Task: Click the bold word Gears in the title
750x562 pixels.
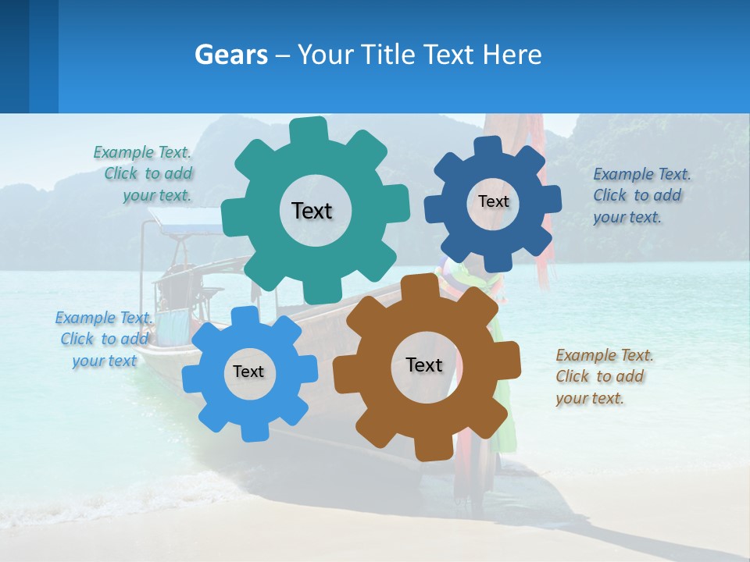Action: click(x=231, y=55)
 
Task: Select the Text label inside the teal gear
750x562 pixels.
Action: click(x=312, y=211)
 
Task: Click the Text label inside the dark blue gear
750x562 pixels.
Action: click(x=493, y=201)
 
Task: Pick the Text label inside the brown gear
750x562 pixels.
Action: click(x=424, y=365)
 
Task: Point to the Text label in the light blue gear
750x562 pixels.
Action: click(x=248, y=372)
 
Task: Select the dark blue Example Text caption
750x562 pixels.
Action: click(x=641, y=196)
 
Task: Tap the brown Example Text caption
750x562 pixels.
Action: click(x=604, y=377)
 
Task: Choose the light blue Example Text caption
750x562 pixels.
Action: click(x=103, y=340)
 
